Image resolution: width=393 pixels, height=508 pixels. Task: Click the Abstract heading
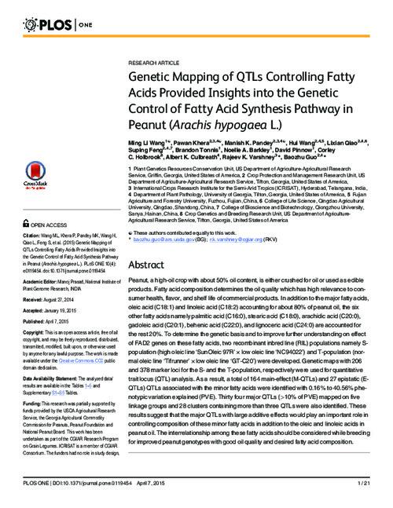[x=150, y=266]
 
